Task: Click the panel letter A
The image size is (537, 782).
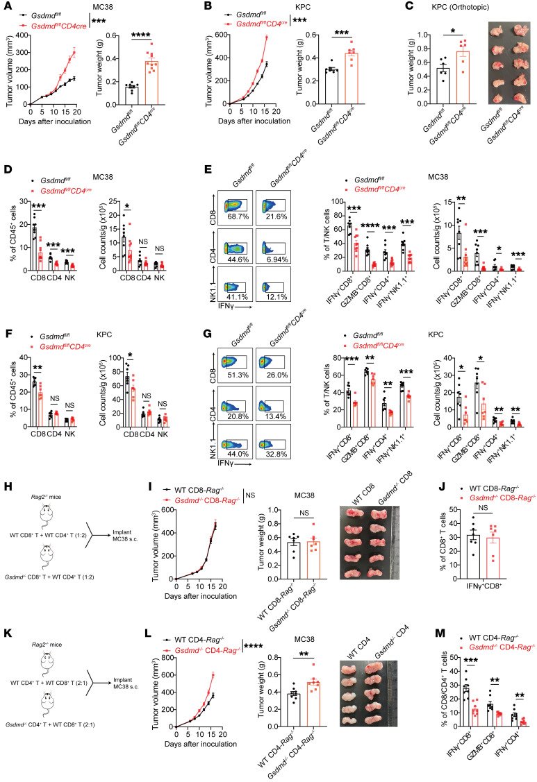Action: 6,6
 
